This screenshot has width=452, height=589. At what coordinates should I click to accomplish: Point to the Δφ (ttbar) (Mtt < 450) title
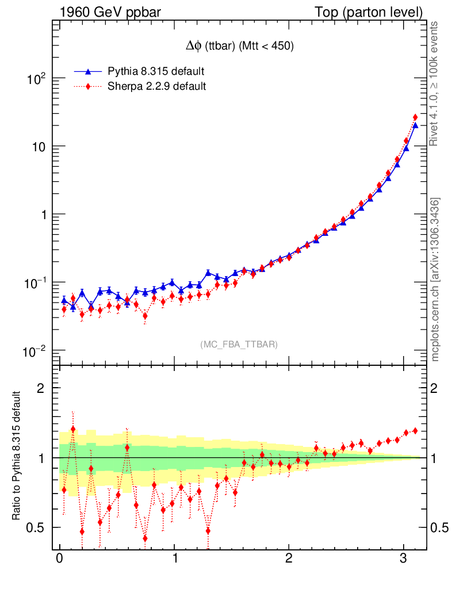pyautogui.click(x=237, y=47)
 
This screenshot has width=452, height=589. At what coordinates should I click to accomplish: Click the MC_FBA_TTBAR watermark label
pyautogui.click(x=239, y=345)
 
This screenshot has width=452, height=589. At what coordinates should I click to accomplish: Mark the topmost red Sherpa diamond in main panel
pyautogui.click(x=415, y=117)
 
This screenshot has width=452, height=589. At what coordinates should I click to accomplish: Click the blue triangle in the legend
pyautogui.click(x=88, y=71)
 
